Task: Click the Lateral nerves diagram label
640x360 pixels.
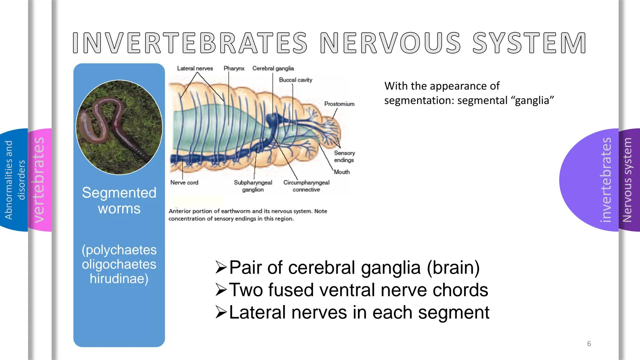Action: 195,68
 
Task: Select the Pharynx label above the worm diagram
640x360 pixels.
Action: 234,68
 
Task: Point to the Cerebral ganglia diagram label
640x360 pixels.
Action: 273,68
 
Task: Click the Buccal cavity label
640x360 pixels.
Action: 295,80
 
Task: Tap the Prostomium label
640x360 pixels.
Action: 339,104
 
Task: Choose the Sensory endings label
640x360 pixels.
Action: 344,156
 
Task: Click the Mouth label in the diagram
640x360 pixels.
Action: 342,172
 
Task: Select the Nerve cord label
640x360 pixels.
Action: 184,183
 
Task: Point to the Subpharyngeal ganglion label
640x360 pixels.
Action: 253,186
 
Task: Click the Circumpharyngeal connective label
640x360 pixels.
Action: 306,186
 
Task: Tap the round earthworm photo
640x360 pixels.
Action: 119,127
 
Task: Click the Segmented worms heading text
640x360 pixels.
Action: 119,200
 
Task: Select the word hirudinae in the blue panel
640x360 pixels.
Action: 119,279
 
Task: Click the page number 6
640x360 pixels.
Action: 589,344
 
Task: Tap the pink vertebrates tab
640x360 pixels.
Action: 39,180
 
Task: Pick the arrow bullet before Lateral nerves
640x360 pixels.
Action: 221,312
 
